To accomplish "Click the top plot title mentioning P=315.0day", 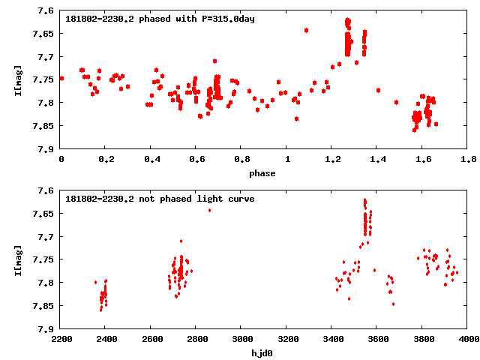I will pyautogui.click(x=160, y=18).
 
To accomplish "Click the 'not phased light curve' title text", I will pyautogui.click(x=160, y=199).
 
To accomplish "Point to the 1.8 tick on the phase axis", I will pyautogui.click(x=468, y=160).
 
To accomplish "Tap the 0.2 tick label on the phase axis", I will pyautogui.click(x=106, y=160).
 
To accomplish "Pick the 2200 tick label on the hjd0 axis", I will pyautogui.click(x=61, y=340).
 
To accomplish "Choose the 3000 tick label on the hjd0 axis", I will pyautogui.click(x=241, y=340).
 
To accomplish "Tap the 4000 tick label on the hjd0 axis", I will pyautogui.click(x=468, y=340).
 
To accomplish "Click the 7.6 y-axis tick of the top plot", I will pyautogui.click(x=46, y=11).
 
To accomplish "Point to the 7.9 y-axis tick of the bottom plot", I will pyautogui.click(x=46, y=328).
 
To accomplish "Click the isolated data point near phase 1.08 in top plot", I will pyautogui.click(x=306, y=30).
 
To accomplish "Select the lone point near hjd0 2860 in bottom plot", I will pyautogui.click(x=209, y=210).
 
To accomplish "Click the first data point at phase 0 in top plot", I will pyautogui.click(x=61, y=78).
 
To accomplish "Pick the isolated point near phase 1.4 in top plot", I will pyautogui.click(x=379, y=90).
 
